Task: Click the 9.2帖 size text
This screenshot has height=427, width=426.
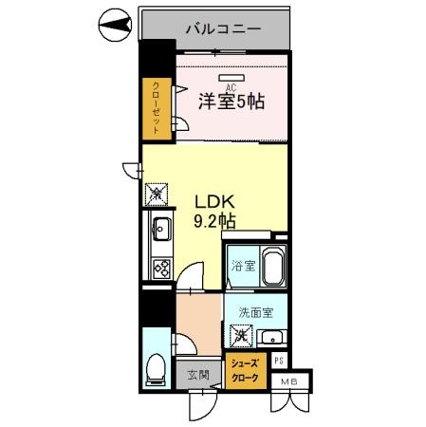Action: point(214,222)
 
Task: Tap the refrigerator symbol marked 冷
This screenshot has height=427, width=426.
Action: point(154,195)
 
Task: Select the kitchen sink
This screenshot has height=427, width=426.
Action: point(160,229)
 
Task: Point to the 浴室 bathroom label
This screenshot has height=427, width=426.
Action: point(243,266)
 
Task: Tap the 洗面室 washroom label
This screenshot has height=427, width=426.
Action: point(256,311)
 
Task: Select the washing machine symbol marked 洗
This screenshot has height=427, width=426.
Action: point(241,334)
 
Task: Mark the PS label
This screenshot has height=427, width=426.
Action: point(279,361)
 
